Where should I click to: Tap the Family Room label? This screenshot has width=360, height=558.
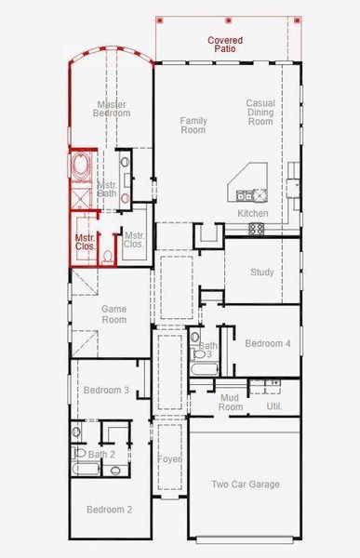(x=193, y=125)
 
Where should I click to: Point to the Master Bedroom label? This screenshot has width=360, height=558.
(x=112, y=108)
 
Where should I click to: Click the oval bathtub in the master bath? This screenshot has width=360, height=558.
(x=81, y=169)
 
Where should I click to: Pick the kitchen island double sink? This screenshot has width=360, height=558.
(x=246, y=195)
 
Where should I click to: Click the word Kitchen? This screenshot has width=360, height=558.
(x=253, y=214)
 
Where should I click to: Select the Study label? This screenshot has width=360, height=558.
(x=262, y=272)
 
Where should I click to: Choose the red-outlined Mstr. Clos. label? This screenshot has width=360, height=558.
(x=86, y=244)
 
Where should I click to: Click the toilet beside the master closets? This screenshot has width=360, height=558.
(x=108, y=253)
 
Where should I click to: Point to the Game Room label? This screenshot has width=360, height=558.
(x=113, y=313)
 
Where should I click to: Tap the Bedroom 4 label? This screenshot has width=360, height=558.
(x=268, y=343)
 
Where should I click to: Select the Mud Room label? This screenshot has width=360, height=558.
(x=231, y=402)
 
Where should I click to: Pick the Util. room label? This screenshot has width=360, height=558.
(x=273, y=406)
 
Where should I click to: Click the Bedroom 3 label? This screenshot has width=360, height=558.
(x=105, y=391)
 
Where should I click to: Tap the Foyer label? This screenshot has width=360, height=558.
(x=168, y=458)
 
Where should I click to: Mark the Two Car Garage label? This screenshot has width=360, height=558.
(x=245, y=484)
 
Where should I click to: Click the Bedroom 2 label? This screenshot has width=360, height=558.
(x=110, y=510)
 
